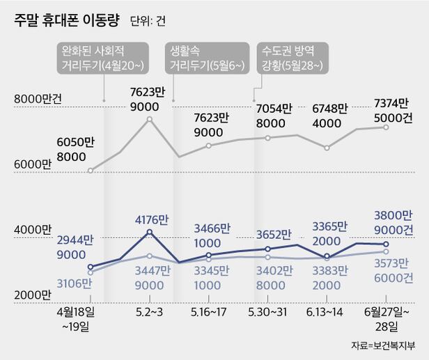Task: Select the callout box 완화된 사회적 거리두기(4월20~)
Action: (x=103, y=58)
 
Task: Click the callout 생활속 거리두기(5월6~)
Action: (x=205, y=58)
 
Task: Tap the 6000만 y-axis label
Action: (x=28, y=164)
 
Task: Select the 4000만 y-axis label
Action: (x=28, y=229)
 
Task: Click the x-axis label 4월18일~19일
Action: (x=82, y=318)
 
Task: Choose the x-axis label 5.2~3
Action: (x=149, y=313)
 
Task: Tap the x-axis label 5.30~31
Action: (x=267, y=313)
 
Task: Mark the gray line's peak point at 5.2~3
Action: (x=149, y=120)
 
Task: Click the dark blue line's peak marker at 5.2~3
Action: (x=149, y=232)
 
